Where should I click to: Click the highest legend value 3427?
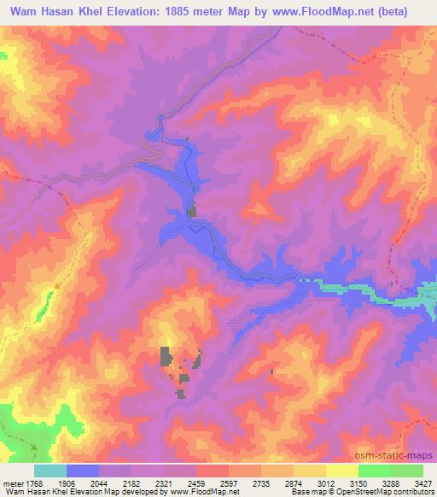tap(423, 484)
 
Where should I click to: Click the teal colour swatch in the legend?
tap(50, 471)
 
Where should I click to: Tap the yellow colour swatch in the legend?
tap(341, 471)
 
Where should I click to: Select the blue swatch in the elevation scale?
tap(83, 471)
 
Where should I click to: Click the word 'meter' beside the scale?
tap(13, 484)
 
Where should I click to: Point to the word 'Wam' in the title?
tap(29, 11)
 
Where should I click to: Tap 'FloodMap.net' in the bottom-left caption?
tap(208, 493)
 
